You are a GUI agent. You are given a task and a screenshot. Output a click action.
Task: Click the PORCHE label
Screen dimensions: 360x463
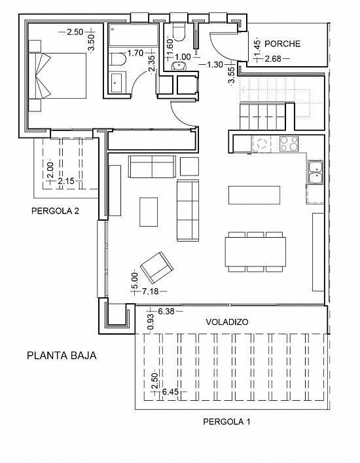[x=282, y=44]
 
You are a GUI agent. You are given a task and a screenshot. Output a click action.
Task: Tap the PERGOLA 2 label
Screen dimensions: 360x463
[x=55, y=211]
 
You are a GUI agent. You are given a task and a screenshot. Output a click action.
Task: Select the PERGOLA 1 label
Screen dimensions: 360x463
[x=226, y=422]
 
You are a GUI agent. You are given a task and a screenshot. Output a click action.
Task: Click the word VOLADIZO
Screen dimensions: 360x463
[x=227, y=322]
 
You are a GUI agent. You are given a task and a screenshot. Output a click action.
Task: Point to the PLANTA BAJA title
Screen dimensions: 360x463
[x=62, y=355]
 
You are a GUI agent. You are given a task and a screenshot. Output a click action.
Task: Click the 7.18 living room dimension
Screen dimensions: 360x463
[x=150, y=291]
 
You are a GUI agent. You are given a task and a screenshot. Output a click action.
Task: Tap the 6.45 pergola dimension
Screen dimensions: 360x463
[x=171, y=392]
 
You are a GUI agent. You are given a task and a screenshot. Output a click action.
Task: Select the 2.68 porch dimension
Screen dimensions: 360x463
[x=273, y=59]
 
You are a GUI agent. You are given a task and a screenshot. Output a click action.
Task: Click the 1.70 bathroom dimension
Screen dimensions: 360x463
[x=135, y=53]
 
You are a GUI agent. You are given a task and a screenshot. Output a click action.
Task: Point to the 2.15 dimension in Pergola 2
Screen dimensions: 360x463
[x=66, y=181]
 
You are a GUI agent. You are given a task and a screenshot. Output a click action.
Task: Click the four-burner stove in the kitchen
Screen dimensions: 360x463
[x=289, y=144]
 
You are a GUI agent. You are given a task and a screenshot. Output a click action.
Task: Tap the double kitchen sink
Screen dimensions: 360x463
[x=315, y=172]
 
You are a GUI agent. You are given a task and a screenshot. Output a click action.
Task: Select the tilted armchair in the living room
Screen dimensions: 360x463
[x=156, y=267]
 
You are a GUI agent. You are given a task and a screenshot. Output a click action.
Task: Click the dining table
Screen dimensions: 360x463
[x=255, y=251]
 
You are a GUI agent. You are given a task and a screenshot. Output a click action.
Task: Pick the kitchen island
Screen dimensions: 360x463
[x=255, y=195]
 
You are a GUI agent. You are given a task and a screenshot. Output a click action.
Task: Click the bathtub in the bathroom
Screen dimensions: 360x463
[x=134, y=35]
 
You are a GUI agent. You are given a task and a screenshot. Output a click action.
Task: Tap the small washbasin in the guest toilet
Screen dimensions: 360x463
[x=179, y=66]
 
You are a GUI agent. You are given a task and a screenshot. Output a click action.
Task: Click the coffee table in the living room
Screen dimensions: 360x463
[x=149, y=212]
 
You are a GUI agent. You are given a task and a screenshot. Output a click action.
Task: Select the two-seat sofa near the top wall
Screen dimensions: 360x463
[x=152, y=166]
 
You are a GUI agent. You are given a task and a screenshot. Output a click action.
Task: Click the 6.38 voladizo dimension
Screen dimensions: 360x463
[x=166, y=311]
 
